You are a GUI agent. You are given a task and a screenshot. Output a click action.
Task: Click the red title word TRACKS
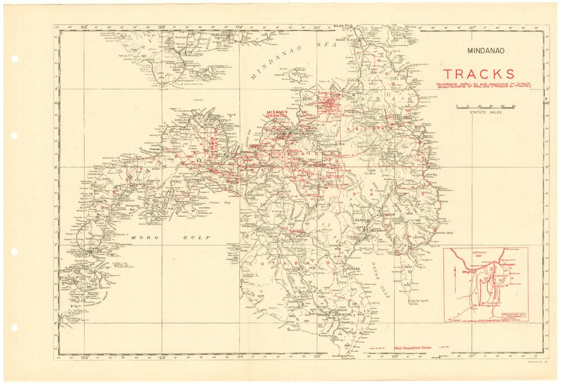click(479, 74)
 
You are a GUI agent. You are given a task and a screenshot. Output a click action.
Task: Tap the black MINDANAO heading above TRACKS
click(486, 51)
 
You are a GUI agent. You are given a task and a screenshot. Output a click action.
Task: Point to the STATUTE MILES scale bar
click(485, 106)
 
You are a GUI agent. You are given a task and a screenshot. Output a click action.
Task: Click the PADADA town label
click(353, 268)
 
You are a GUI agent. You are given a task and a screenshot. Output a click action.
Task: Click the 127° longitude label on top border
click(472, 26)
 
